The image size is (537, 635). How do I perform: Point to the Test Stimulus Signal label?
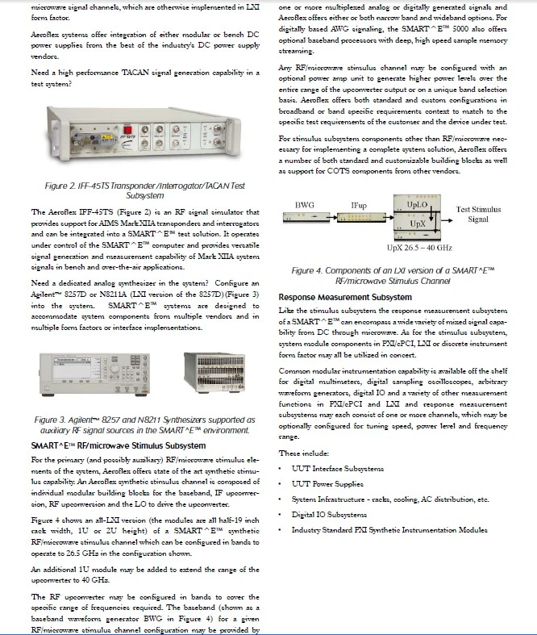click(x=478, y=214)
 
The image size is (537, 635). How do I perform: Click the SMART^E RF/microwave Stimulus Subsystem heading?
click(x=118, y=445)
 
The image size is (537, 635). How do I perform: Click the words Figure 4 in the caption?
click(x=309, y=271)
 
